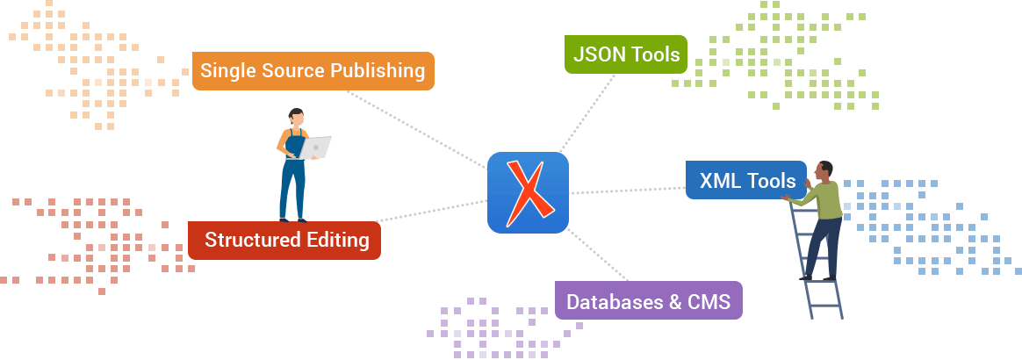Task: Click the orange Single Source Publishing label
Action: [x=313, y=71]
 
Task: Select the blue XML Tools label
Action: [x=746, y=181]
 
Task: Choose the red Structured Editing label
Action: [x=284, y=240]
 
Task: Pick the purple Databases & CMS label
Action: [x=648, y=301]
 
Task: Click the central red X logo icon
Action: [x=528, y=192]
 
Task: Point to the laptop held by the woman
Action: [x=314, y=148]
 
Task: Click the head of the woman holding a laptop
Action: [x=297, y=116]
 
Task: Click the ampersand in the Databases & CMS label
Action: [x=675, y=302]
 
